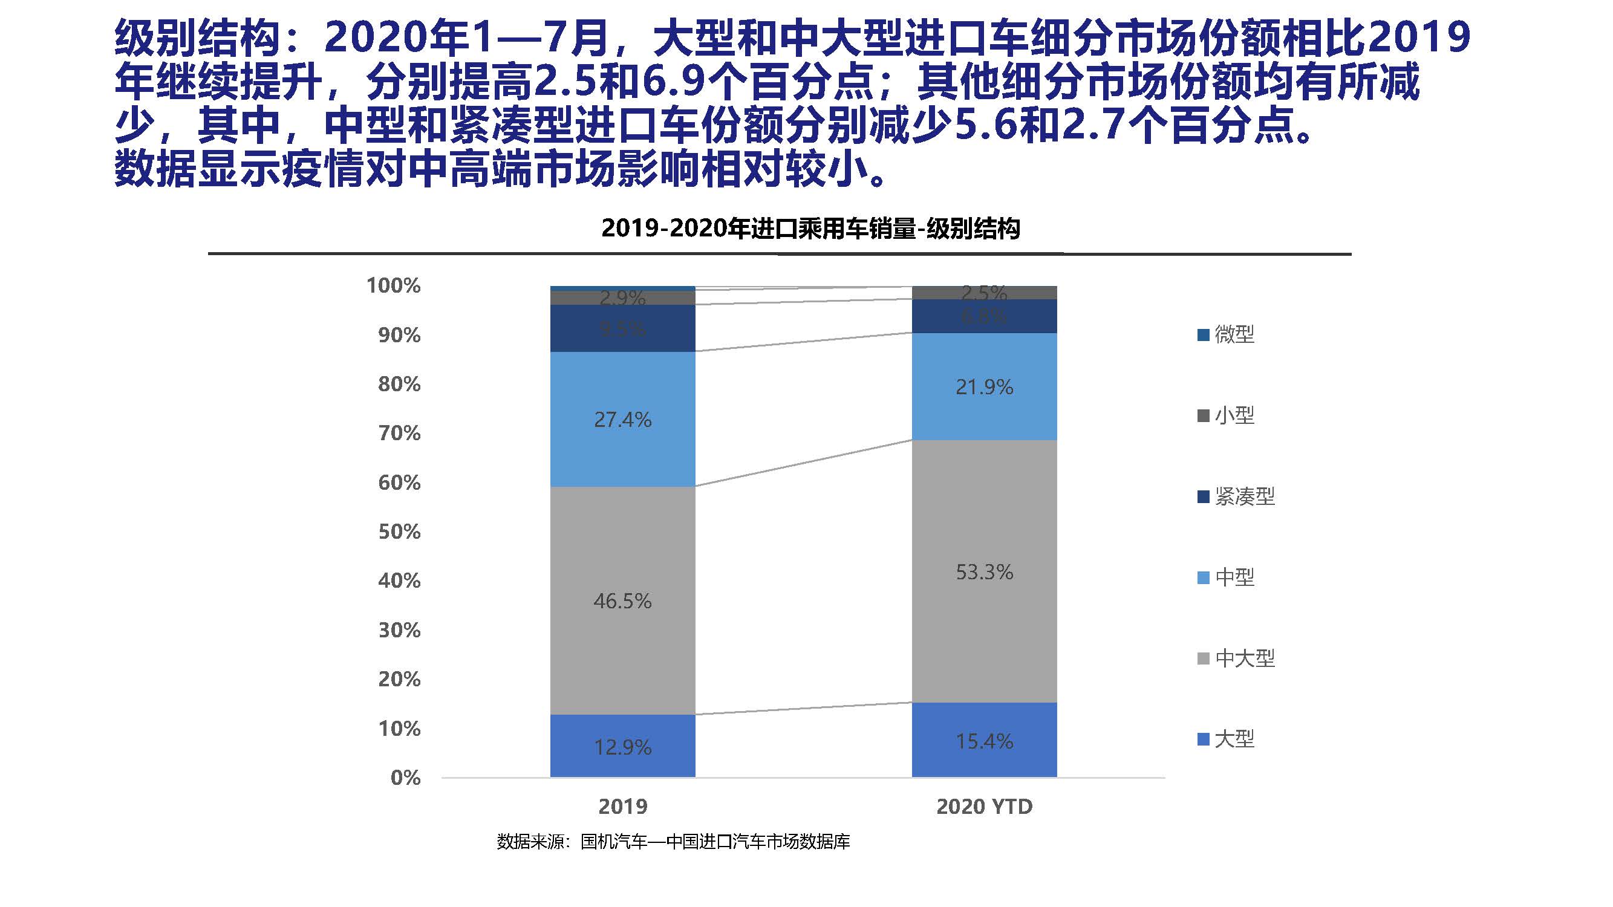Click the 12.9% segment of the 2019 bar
click(622, 746)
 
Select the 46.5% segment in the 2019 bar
click(622, 600)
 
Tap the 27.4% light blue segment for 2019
click(622, 419)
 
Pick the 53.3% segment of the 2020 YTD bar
click(983, 571)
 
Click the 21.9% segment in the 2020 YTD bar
click(983, 386)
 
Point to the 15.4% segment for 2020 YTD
click(983, 741)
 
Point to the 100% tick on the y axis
click(393, 285)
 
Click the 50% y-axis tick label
click(399, 532)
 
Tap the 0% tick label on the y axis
click(405, 778)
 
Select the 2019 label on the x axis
click(622, 806)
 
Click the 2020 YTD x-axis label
click(983, 806)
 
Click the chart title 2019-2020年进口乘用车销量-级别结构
click(810, 229)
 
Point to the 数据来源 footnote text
click(673, 842)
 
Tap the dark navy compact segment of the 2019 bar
click(622, 328)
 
